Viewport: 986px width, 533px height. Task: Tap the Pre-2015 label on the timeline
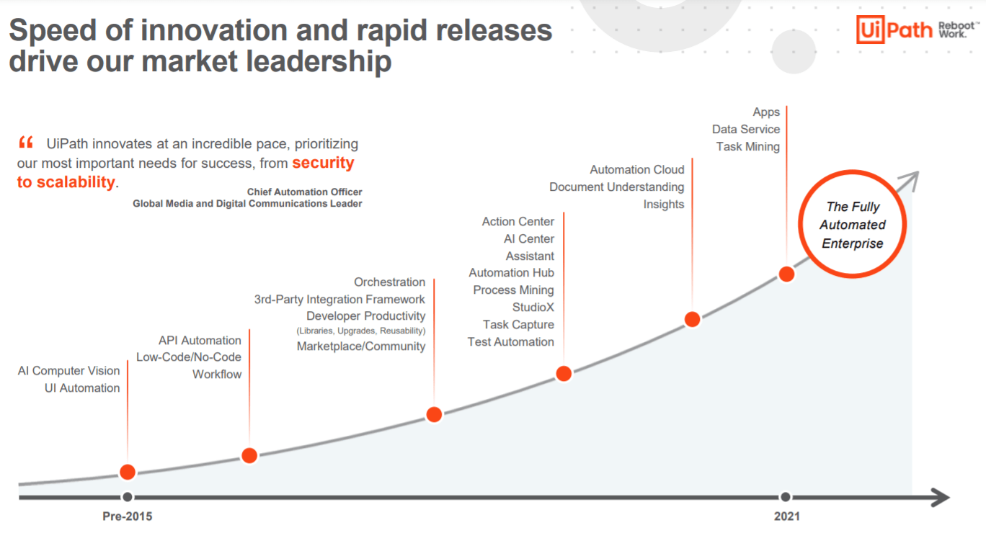pos(128,516)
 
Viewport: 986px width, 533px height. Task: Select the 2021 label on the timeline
pos(786,516)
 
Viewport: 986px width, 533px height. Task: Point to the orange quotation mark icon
pos(26,142)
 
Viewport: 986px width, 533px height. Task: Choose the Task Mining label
pos(747,147)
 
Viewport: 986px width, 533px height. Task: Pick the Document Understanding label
pos(616,187)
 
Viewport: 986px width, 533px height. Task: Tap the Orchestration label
pos(389,282)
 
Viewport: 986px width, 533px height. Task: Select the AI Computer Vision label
pos(68,371)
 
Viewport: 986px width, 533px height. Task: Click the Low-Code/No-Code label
pos(188,357)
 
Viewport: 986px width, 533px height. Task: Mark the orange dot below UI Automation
pos(128,472)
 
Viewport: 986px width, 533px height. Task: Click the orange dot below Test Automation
pos(564,373)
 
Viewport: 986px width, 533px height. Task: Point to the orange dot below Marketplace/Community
pos(434,414)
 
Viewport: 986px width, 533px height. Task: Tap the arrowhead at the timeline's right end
pos(941,497)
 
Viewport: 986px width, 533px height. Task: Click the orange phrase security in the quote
pos(323,163)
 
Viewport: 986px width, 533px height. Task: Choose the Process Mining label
pos(513,290)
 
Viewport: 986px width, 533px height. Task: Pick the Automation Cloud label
pos(636,170)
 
